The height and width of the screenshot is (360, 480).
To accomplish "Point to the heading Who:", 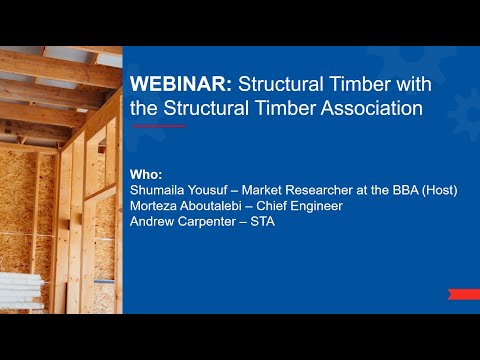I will tap(146, 173).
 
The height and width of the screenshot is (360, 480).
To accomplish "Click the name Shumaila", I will tap(161, 189).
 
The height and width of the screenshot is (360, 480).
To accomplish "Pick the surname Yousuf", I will tap(217, 189).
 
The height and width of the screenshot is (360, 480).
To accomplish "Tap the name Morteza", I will tap(156, 205).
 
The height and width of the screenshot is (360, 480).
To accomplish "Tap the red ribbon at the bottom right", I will tap(463, 293).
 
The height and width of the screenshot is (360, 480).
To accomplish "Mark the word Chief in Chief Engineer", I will tap(273, 205).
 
